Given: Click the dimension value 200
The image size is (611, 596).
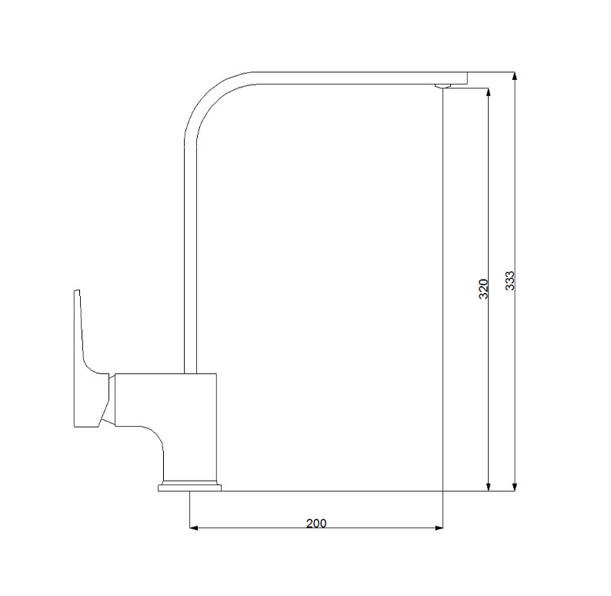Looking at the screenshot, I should point(316,523).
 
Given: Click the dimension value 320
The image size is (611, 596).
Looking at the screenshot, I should point(483,288).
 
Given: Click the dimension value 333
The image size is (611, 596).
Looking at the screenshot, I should point(509,281).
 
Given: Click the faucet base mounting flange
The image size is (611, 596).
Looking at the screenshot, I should point(189,486).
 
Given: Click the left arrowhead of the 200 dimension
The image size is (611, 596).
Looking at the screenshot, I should point(194,528).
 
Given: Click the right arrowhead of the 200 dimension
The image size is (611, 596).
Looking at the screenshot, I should point(439,528).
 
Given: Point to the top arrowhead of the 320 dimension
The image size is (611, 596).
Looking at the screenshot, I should point(487,92).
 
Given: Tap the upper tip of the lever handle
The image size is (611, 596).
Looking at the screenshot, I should point(76,292).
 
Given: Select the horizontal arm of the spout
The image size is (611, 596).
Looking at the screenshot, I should point(346,78).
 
